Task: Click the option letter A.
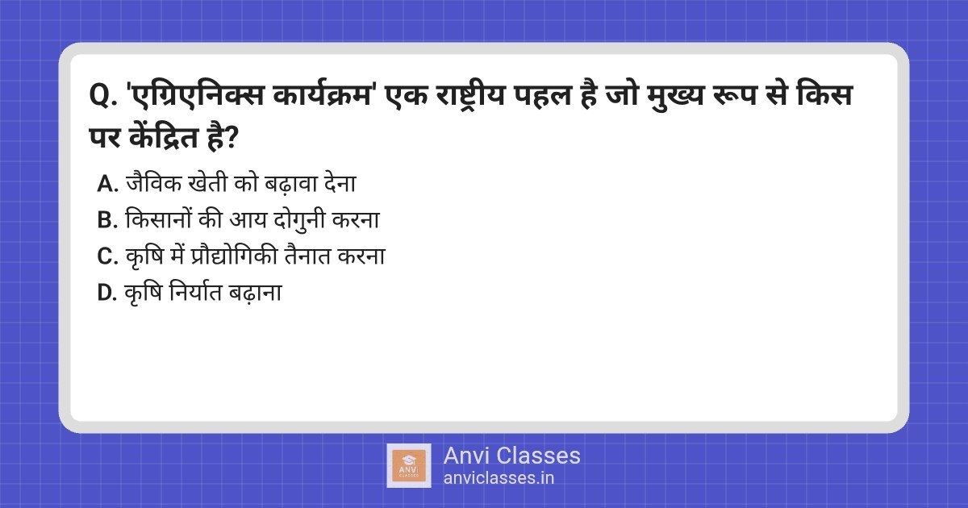107,184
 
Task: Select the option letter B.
107,220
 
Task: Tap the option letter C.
107,256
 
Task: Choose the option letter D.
107,293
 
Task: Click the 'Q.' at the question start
103,96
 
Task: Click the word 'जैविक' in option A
154,183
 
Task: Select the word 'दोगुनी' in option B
299,220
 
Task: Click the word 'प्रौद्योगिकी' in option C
234,256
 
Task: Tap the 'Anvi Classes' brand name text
512,456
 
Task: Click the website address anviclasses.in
499,478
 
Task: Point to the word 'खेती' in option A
208,183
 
